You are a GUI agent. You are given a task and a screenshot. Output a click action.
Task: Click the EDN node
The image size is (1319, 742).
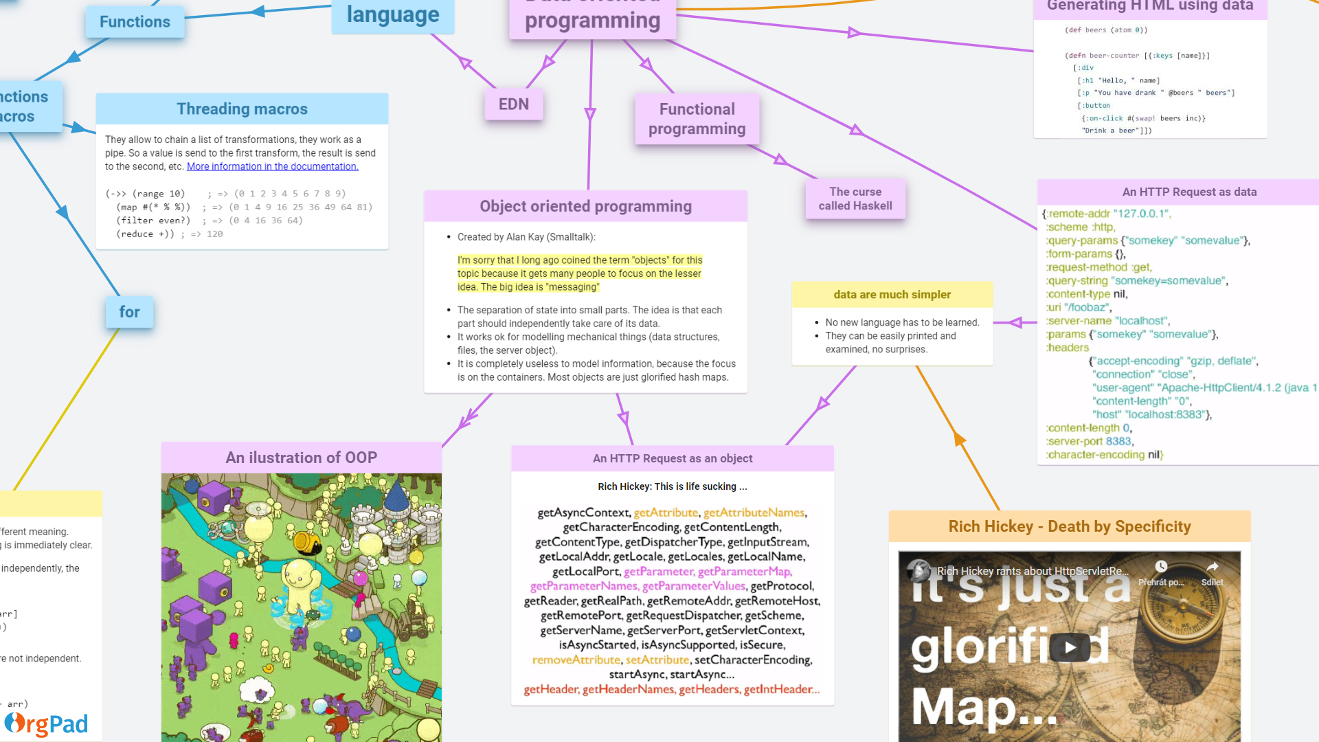click(x=513, y=104)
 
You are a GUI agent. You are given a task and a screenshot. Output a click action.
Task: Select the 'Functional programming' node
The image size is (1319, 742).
click(x=697, y=119)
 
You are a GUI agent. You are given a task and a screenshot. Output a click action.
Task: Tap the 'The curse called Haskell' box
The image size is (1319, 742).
click(x=855, y=199)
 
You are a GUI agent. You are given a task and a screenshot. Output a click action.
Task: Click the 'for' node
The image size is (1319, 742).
click(x=129, y=312)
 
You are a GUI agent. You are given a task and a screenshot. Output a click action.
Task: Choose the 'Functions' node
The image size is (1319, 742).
click(x=135, y=21)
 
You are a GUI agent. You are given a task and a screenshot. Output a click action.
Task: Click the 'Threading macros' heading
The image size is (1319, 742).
click(x=242, y=109)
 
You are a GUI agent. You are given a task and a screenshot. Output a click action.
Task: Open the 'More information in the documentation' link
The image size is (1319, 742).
click(x=273, y=166)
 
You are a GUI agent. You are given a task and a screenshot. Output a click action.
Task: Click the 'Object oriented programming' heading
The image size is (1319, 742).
click(x=585, y=206)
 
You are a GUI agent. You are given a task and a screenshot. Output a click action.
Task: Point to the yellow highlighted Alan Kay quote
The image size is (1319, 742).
click(x=580, y=273)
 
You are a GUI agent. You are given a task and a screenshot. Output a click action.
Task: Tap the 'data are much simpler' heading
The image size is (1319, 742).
click(x=892, y=294)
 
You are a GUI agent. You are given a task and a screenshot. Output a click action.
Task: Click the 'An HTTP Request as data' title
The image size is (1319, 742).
click(x=1189, y=192)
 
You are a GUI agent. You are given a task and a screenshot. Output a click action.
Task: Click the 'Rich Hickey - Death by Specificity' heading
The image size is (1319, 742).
click(x=1069, y=526)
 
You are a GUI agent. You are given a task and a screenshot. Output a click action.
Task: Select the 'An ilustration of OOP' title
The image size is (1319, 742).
click(x=301, y=458)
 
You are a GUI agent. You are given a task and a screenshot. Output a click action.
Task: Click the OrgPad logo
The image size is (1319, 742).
click(x=47, y=723)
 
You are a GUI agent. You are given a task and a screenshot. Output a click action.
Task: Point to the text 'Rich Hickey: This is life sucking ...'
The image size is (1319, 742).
click(x=672, y=486)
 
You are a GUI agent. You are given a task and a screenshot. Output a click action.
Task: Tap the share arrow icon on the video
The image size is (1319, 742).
click(x=1212, y=567)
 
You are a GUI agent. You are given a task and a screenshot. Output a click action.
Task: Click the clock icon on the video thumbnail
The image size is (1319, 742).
click(x=1161, y=567)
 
